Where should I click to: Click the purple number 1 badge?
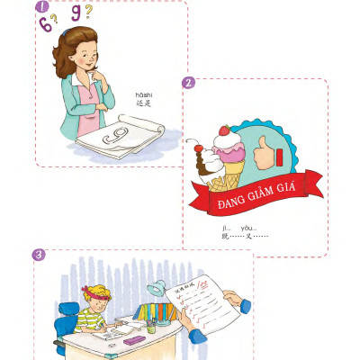(41, 8)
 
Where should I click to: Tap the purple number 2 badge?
(189, 83)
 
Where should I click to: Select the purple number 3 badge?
(40, 255)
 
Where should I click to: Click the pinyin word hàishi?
(143, 94)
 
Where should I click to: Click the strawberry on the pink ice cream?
(224, 131)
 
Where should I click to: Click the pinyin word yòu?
(248, 228)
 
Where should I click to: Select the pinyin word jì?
(225, 228)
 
